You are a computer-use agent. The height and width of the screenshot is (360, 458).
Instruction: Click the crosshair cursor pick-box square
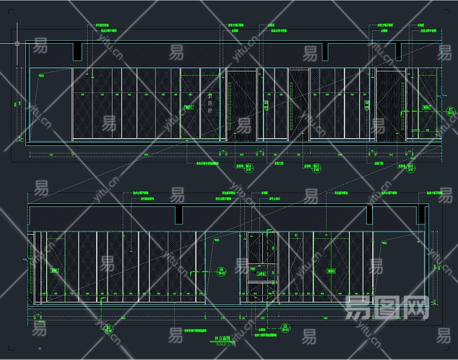(x=17, y=43)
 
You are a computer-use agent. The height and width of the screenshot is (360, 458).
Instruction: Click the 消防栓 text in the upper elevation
(x=210, y=103)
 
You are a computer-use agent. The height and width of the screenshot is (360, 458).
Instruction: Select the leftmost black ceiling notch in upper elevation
(x=78, y=52)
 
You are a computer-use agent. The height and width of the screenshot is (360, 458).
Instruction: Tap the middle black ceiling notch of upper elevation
(x=325, y=52)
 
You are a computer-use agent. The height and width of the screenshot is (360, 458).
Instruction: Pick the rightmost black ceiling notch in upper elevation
(x=398, y=52)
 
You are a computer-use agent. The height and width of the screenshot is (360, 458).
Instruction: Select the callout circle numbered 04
(x=221, y=271)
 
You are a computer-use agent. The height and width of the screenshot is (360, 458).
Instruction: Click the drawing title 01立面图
(x=224, y=340)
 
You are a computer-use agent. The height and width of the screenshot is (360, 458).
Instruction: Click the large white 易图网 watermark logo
(x=388, y=308)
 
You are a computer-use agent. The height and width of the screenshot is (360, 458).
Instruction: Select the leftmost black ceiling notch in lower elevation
(x=179, y=215)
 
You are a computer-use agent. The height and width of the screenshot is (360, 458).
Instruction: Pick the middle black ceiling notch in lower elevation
(x=369, y=215)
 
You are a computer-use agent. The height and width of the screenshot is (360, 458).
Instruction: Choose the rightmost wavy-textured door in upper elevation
(x=391, y=105)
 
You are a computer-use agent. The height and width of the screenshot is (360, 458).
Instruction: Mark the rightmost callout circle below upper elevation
(x=411, y=169)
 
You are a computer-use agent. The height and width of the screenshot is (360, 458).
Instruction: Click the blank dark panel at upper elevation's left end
(x=50, y=105)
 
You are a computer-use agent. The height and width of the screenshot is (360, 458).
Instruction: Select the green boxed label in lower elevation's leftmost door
(x=55, y=271)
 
